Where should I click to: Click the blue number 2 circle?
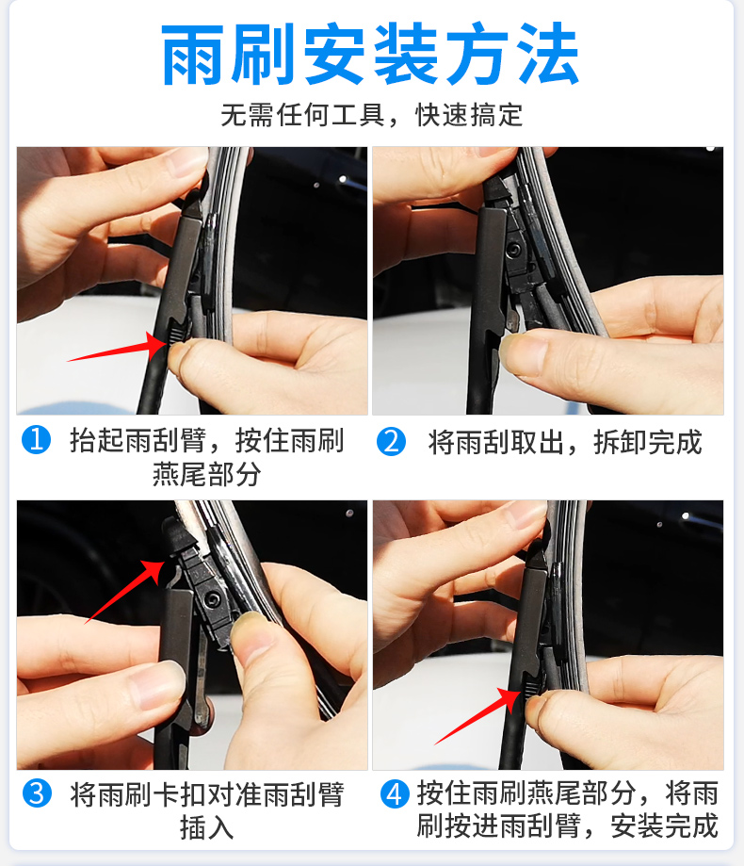coord(391,440)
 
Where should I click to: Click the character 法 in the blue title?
coord(545,57)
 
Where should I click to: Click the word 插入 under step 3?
coord(206,827)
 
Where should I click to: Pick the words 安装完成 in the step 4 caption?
coord(664,827)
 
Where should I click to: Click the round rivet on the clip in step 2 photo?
coord(515,250)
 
